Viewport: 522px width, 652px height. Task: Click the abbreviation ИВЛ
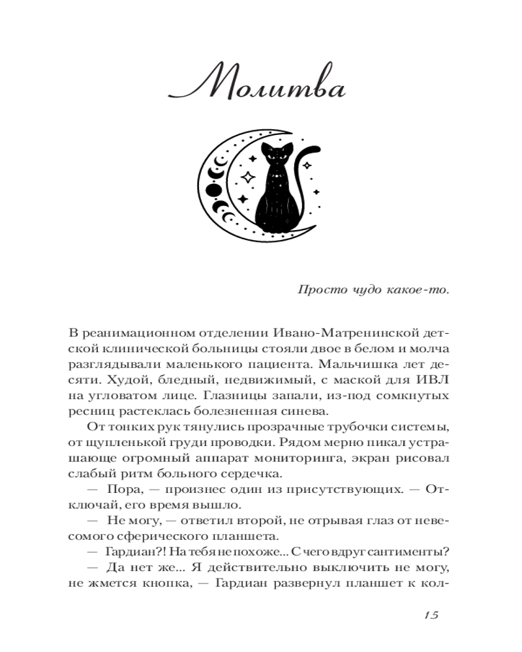pyautogui.click(x=433, y=380)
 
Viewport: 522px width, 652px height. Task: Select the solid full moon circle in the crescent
pyautogui.click(x=213, y=190)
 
